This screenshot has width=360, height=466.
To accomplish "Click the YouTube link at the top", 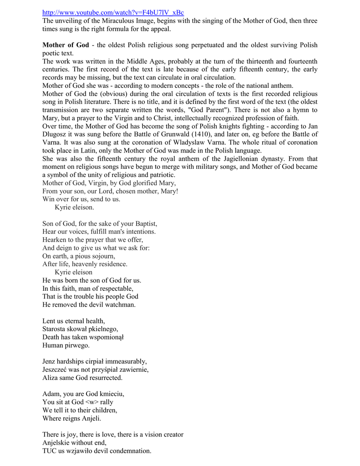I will [110, 12].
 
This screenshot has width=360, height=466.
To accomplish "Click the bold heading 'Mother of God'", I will [66, 45].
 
